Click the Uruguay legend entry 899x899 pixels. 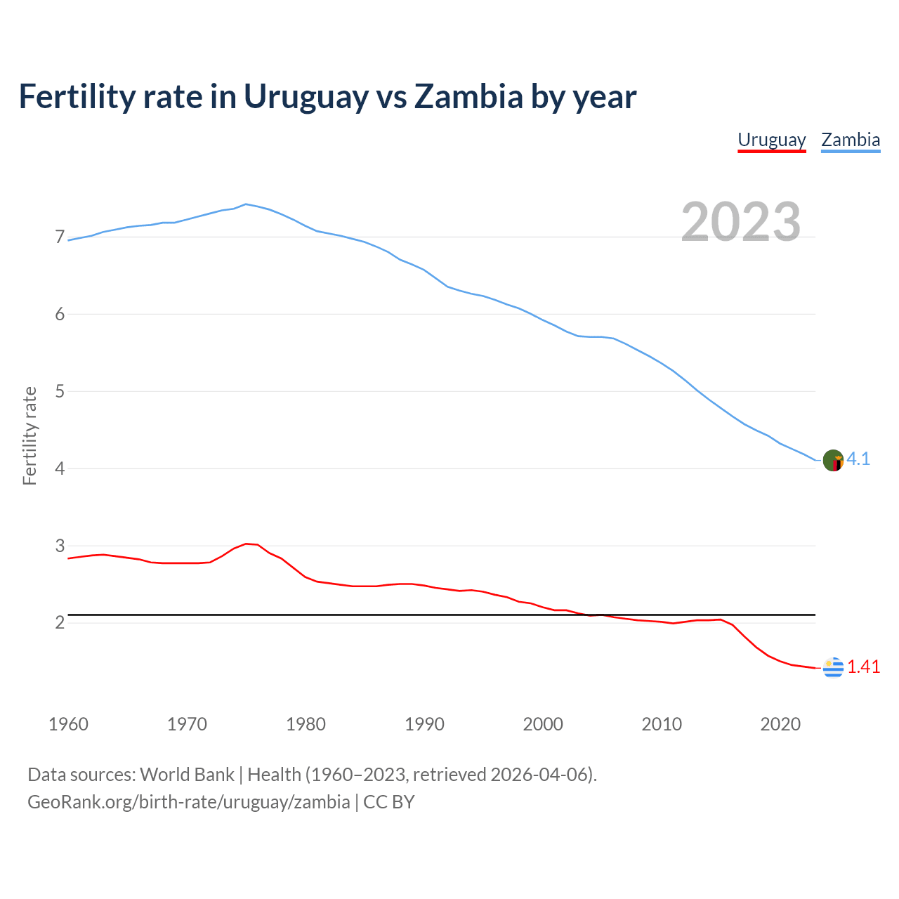click(x=771, y=140)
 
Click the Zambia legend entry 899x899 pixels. click(x=851, y=140)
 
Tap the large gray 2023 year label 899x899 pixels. click(x=741, y=222)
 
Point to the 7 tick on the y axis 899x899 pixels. click(x=60, y=237)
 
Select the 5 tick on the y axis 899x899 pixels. click(x=60, y=391)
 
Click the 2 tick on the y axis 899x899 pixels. click(x=60, y=623)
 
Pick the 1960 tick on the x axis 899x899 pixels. click(x=68, y=724)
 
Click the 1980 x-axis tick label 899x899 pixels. click(x=306, y=724)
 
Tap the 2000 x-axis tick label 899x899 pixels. click(x=543, y=724)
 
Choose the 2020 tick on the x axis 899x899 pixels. click(x=780, y=724)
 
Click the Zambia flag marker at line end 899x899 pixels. click(x=833, y=461)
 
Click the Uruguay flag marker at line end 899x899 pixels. click(x=833, y=668)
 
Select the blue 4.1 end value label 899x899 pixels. click(x=858, y=459)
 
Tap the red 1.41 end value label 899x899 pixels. click(x=863, y=667)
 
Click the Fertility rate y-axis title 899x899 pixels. click(x=29, y=435)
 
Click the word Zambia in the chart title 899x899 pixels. click(x=468, y=97)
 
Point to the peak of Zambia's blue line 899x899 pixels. click(x=245, y=204)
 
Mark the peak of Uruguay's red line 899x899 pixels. click(x=246, y=544)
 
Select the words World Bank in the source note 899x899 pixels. click(x=187, y=775)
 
